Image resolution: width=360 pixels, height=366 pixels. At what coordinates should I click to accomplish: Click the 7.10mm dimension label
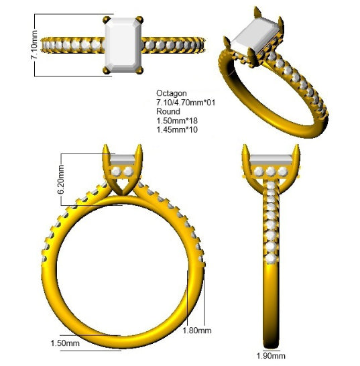[34, 45]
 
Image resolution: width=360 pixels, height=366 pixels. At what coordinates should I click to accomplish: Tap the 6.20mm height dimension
[61, 180]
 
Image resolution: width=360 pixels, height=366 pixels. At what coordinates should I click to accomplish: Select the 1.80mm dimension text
[197, 330]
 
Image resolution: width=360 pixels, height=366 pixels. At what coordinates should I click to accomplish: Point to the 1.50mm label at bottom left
[65, 343]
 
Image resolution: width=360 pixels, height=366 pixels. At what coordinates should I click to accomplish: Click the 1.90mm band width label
[271, 356]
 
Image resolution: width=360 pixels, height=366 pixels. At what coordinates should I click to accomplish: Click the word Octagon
[172, 93]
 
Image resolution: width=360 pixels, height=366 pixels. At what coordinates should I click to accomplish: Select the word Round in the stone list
[168, 111]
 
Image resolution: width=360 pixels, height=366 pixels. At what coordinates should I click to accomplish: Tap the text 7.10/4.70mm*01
[186, 103]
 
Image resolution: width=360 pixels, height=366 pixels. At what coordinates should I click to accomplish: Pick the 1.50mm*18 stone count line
[177, 121]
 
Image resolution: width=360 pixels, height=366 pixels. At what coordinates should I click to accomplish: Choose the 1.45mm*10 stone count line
[177, 129]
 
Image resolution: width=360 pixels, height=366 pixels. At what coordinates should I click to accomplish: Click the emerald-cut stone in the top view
[123, 45]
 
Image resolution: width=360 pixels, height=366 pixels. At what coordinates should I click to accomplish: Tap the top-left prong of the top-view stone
[107, 19]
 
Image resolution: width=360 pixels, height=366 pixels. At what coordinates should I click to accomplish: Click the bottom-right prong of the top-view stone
[139, 70]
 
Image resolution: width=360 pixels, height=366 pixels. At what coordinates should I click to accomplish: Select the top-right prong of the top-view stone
[140, 19]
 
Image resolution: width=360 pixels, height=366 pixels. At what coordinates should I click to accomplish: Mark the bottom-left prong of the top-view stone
[107, 70]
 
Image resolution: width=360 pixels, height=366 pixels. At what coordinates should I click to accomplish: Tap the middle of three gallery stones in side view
[271, 172]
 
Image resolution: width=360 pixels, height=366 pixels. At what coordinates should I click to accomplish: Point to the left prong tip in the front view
[105, 145]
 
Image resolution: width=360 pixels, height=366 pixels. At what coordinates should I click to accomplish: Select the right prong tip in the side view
[298, 145]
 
